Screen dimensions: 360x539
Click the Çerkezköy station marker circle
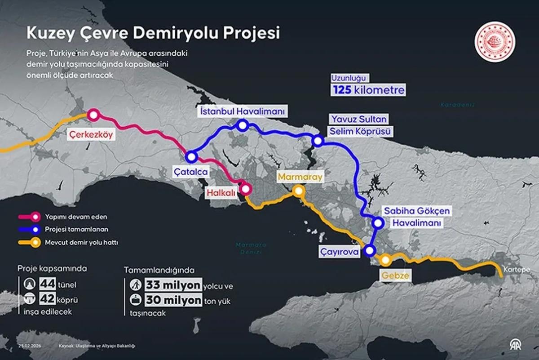pos(93,115)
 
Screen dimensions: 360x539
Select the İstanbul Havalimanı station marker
pos(242,126)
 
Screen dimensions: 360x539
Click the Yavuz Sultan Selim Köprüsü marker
pos(318,141)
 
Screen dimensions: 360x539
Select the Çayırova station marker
pos(370,250)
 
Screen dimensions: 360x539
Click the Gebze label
pos(396,276)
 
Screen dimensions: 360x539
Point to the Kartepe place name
pos(516,270)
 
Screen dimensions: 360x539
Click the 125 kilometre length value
pos(368,89)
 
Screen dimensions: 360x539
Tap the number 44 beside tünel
pos(47,284)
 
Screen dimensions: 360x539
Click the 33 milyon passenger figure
pos(173,285)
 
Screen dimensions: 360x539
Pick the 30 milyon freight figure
pos(173,301)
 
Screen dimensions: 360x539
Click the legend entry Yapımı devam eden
pos(75,217)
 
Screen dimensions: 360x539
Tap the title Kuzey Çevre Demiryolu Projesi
pos(153,33)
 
